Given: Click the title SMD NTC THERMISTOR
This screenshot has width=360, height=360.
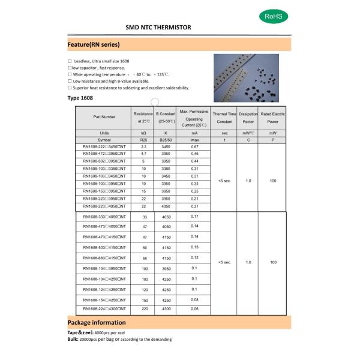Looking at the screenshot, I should (x=158, y=28).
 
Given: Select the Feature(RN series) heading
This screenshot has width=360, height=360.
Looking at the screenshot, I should (x=94, y=45).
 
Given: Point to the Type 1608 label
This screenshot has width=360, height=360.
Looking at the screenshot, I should (x=81, y=98).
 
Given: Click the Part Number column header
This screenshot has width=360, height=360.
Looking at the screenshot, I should (x=104, y=117).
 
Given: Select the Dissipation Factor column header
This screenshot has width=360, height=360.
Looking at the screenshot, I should (x=248, y=117).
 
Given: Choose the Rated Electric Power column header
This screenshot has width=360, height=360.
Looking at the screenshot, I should (x=273, y=117).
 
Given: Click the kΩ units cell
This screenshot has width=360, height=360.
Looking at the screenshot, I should (x=143, y=133).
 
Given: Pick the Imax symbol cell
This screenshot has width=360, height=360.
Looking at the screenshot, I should (x=194, y=139).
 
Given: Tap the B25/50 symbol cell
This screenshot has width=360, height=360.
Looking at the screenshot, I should (x=166, y=139).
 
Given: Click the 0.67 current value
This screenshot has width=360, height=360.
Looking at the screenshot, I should (x=194, y=146).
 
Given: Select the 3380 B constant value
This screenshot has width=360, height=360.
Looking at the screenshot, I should (x=166, y=169).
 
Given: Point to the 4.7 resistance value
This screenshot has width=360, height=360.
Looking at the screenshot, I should (x=143, y=154).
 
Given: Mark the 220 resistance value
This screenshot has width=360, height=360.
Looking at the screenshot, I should (x=144, y=308).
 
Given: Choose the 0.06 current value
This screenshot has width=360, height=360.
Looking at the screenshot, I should (x=194, y=308).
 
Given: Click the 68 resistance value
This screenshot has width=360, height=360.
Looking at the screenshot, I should (x=144, y=258).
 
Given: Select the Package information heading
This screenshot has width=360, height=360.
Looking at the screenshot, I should (x=97, y=322).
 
